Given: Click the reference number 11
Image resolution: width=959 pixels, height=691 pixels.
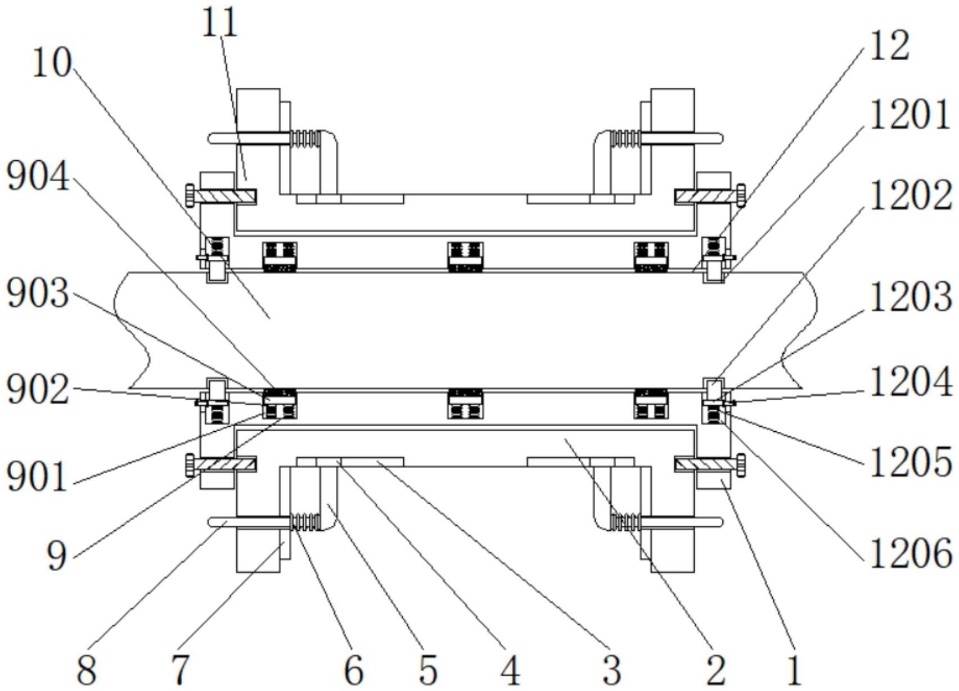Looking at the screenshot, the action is click(219, 23).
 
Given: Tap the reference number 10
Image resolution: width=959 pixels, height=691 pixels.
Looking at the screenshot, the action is click(51, 63).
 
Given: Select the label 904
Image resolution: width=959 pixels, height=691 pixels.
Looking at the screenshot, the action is click(38, 176).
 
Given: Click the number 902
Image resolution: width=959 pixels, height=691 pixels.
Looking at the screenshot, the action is click(38, 389).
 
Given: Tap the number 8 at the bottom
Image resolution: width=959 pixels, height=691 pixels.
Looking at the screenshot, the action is click(87, 670).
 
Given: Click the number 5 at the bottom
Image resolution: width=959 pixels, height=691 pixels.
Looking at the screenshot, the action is click(428, 670).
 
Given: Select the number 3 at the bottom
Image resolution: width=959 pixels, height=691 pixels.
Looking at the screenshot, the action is click(611, 670).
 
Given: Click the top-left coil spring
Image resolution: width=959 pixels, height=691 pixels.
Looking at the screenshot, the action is click(305, 138).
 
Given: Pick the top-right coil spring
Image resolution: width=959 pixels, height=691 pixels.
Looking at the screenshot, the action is click(625, 138).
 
